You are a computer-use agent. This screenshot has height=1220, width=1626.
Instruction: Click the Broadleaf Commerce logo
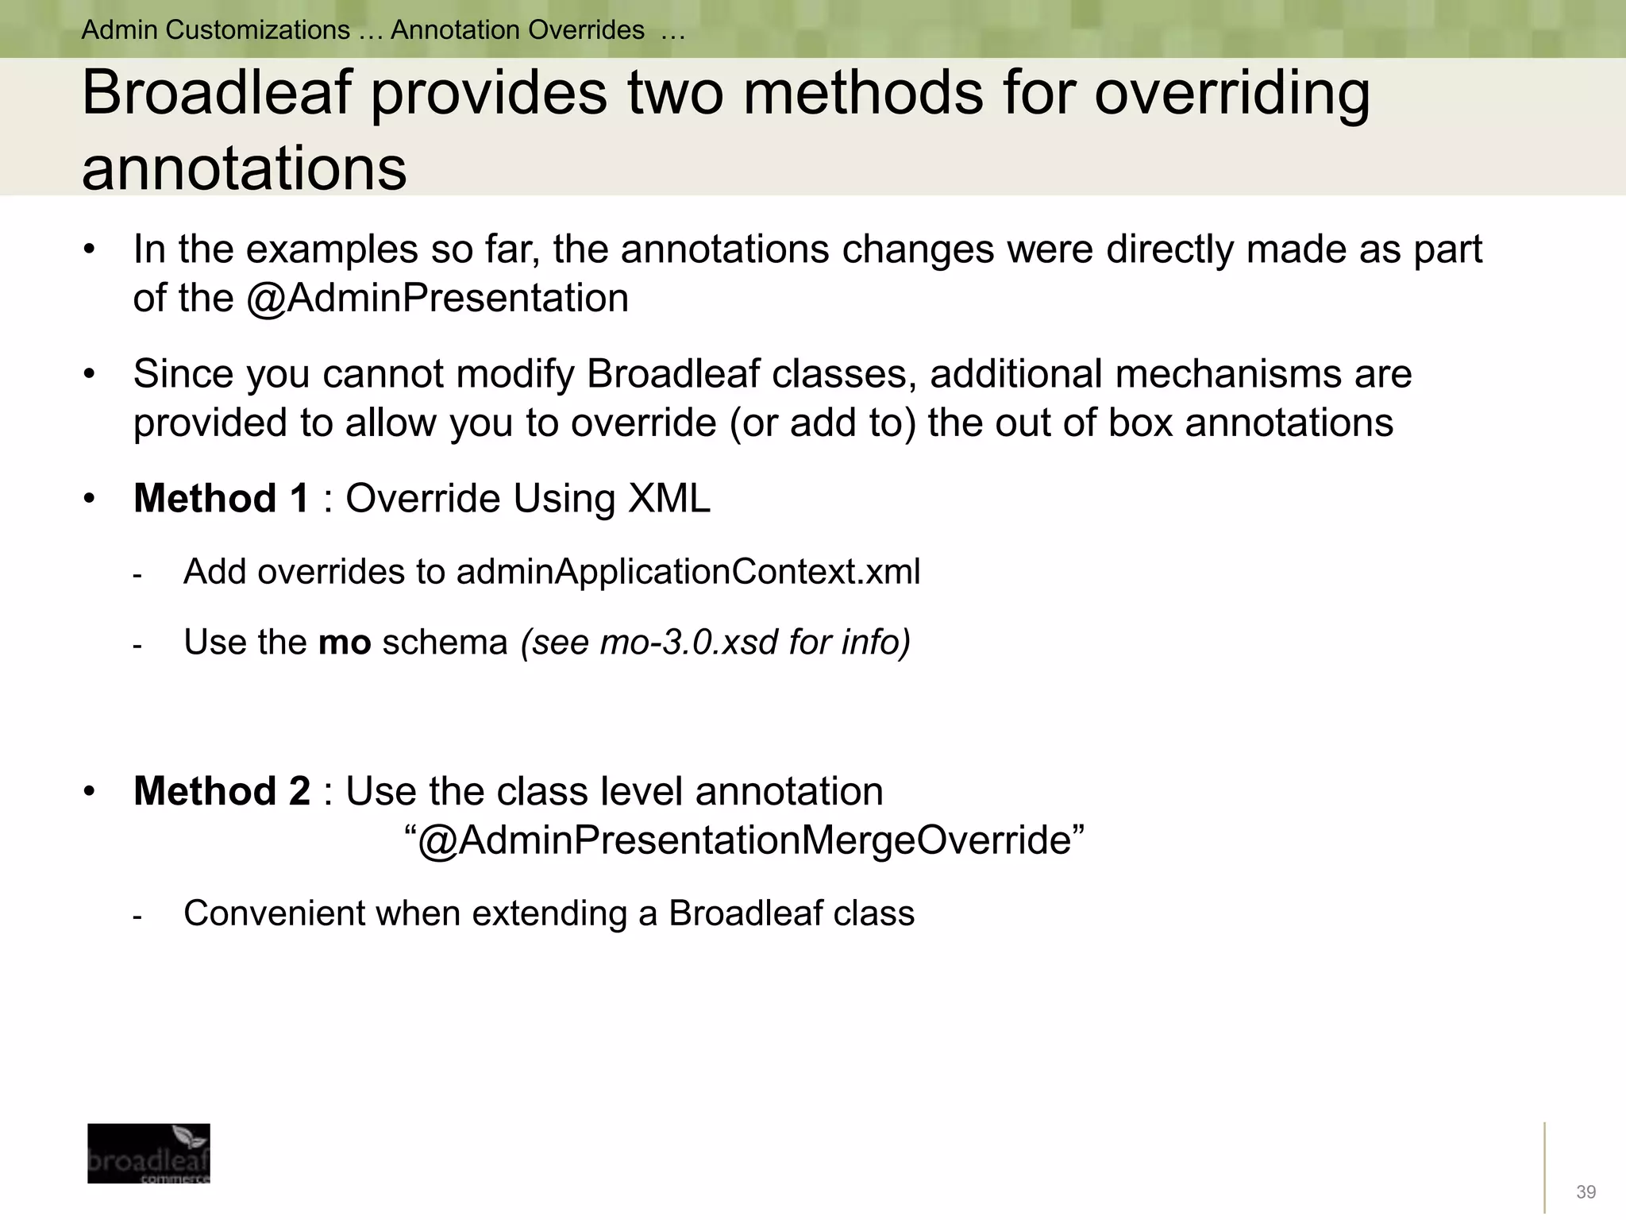click(148, 1152)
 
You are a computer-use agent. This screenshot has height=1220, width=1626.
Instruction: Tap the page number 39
click(1586, 1192)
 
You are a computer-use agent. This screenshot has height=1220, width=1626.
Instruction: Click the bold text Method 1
click(221, 499)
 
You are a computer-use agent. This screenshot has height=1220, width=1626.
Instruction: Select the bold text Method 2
click(222, 791)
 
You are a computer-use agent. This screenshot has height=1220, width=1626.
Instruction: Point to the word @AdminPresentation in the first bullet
click(437, 299)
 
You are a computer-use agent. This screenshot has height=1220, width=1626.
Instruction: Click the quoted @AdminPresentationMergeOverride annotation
click(744, 840)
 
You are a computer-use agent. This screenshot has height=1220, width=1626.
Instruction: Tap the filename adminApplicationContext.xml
click(688, 572)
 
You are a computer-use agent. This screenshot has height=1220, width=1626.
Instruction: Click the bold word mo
click(345, 642)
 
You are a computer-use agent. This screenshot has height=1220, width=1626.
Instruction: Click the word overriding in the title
click(1231, 94)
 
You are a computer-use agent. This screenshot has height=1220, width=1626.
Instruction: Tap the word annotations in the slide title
click(244, 168)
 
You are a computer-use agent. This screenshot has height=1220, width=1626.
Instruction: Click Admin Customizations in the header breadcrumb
click(215, 30)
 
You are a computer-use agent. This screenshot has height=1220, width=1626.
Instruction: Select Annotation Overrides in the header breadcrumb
click(517, 30)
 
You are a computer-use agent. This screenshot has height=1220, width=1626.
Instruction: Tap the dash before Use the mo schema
click(137, 645)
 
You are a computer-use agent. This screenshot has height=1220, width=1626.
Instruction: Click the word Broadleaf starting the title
click(216, 94)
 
